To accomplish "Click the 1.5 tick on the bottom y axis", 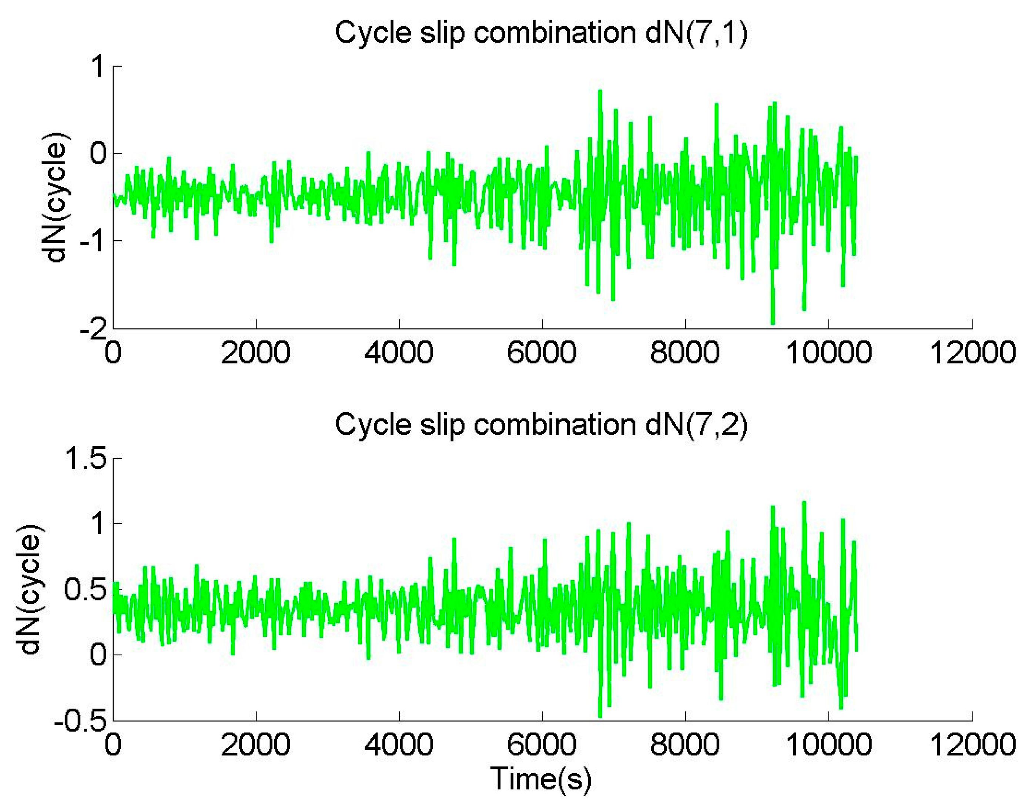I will pyautogui.click(x=86, y=458).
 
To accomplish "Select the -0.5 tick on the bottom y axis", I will pyautogui.click(x=80, y=722).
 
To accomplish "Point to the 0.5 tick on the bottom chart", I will pyautogui.click(x=86, y=589).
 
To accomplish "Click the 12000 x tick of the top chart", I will pyautogui.click(x=972, y=352).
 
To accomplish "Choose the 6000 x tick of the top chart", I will pyautogui.click(x=542, y=352).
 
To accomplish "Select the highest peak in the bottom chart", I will pyautogui.click(x=804, y=502).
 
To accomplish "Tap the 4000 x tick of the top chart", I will pyautogui.click(x=399, y=352).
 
